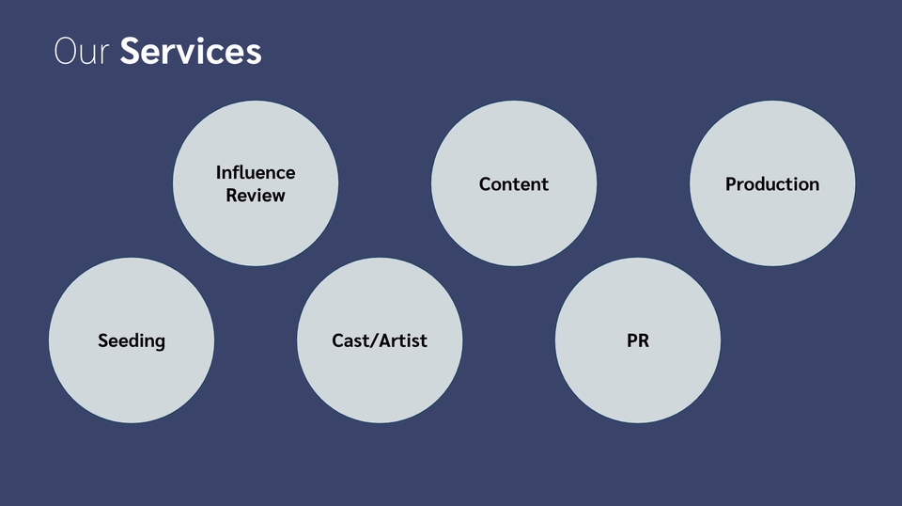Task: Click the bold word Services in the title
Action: (191, 51)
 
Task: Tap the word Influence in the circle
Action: (256, 172)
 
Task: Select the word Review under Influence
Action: (256, 196)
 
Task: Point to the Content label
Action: (514, 184)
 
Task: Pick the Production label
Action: (772, 184)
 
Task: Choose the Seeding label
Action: (132, 340)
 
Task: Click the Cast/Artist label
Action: (380, 340)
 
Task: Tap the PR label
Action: (638, 340)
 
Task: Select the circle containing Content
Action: (514, 226)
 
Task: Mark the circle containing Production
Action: (772, 226)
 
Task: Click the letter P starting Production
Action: (731, 184)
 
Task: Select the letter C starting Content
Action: (485, 184)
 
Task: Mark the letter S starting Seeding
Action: (103, 340)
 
